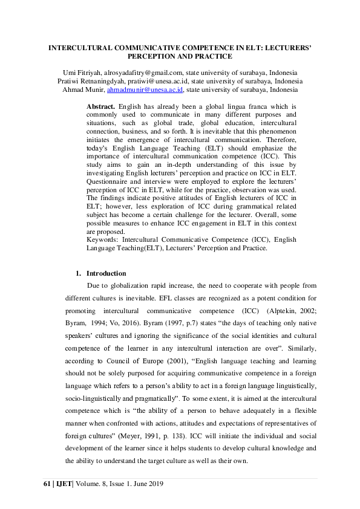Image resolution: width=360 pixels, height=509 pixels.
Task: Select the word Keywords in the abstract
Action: pyautogui.click(x=103, y=239)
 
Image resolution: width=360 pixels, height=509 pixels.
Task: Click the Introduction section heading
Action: pyautogui.click(x=106, y=273)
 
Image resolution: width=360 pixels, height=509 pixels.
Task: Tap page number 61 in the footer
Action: pyautogui.click(x=48, y=485)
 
